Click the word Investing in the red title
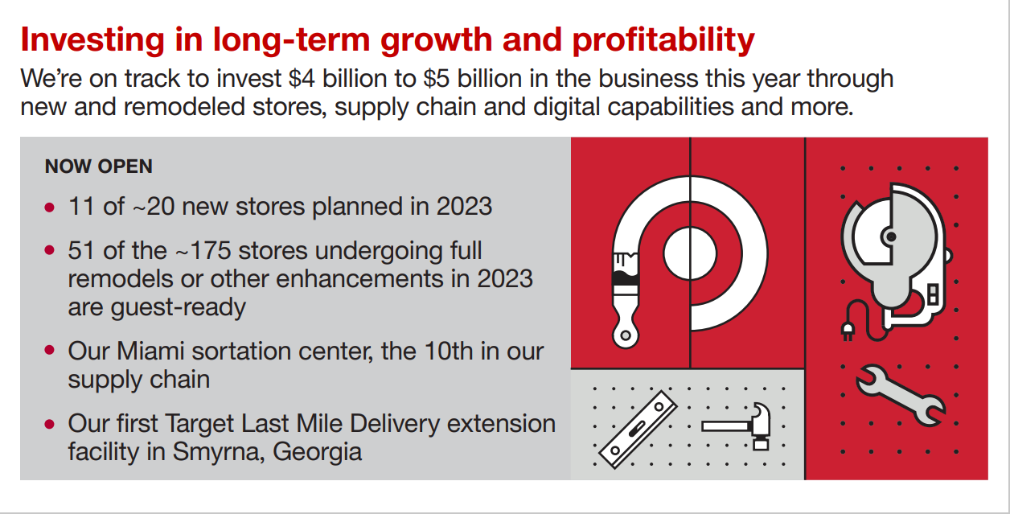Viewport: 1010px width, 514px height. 92,40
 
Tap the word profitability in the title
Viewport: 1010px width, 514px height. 663,40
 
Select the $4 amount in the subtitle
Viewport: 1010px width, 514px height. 302,79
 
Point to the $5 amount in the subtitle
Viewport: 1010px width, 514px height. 437,79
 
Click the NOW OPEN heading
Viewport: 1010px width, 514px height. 99,167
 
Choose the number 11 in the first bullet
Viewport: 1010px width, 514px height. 81,207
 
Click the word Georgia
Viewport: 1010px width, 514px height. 317,452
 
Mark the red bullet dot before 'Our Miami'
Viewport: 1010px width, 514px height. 50,351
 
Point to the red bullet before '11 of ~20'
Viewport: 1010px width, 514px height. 50,208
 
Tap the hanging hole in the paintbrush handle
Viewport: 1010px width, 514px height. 626,335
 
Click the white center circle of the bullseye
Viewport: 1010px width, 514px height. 690,253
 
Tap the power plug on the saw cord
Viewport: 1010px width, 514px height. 848,331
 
